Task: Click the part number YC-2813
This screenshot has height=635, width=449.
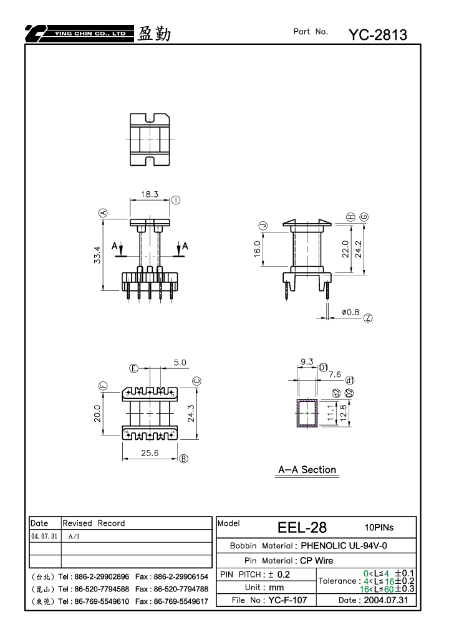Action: click(378, 35)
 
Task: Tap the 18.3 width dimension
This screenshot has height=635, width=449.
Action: click(150, 194)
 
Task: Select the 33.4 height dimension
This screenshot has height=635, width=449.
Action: click(97, 255)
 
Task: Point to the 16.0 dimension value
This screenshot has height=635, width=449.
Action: click(258, 249)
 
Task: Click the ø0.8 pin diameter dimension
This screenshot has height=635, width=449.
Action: click(350, 312)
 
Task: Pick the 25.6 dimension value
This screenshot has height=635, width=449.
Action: click(150, 453)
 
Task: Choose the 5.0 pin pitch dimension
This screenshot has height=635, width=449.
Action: click(180, 363)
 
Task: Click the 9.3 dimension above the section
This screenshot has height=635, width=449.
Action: click(307, 361)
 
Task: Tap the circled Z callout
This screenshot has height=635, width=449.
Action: click(368, 318)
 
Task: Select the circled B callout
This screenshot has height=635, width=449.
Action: click(183, 459)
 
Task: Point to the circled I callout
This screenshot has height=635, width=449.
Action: click(176, 200)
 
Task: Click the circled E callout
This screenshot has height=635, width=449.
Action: click(133, 368)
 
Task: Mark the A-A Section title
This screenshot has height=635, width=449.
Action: click(307, 470)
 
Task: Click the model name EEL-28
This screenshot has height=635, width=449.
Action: click(302, 527)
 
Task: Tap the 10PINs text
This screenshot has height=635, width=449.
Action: click(379, 527)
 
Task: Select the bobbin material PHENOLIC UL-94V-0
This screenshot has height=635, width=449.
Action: click(344, 545)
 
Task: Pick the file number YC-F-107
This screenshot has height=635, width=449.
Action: click(287, 600)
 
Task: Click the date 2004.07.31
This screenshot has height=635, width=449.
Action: click(386, 600)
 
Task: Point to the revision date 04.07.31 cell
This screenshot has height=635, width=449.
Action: click(44, 536)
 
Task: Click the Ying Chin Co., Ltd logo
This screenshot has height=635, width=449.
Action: click(79, 34)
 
